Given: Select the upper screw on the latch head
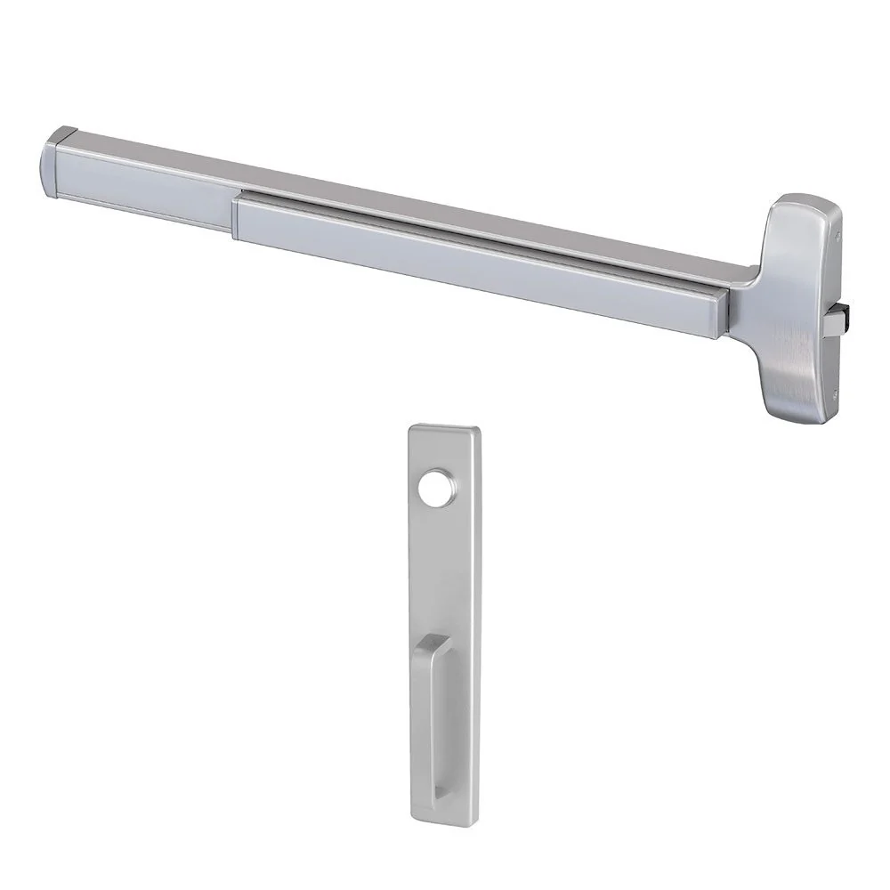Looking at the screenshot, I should pyautogui.click(x=839, y=234).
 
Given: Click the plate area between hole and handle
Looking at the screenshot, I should pyautogui.click(x=442, y=561).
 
